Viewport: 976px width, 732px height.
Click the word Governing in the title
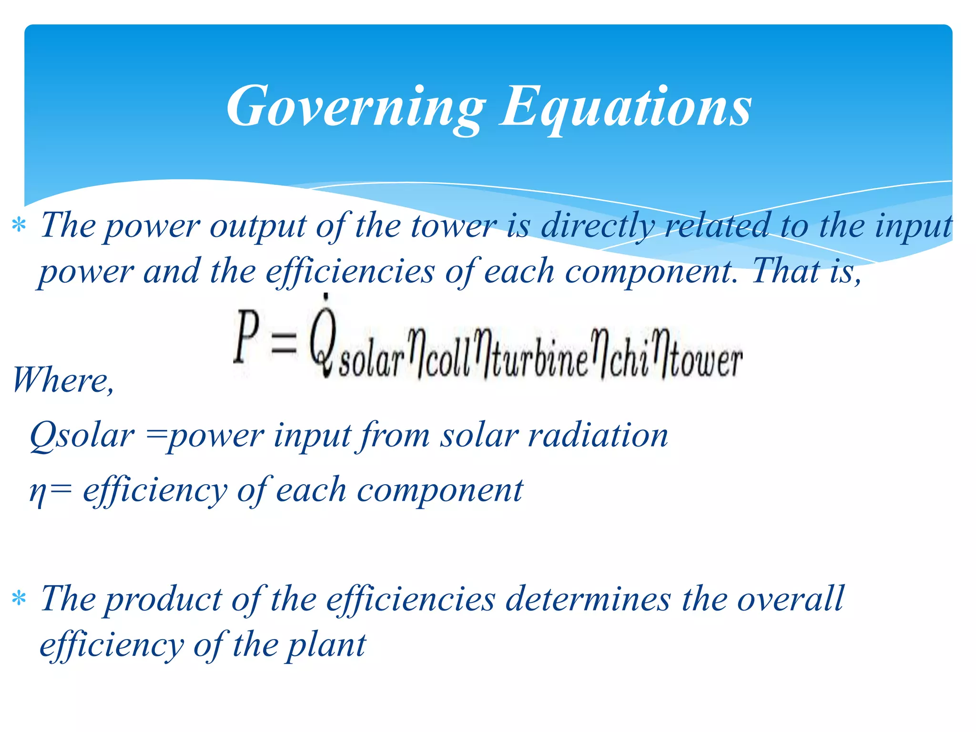[355, 107]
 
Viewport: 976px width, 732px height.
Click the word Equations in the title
[625, 107]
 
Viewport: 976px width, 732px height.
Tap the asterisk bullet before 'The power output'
[19, 225]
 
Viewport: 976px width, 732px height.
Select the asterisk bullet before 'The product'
[19, 599]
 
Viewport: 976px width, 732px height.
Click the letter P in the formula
[247, 336]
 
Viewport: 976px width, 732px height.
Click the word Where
[62, 380]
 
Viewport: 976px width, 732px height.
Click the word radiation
[598, 436]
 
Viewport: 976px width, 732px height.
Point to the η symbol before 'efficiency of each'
[37, 492]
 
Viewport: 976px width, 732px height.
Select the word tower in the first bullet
[453, 226]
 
